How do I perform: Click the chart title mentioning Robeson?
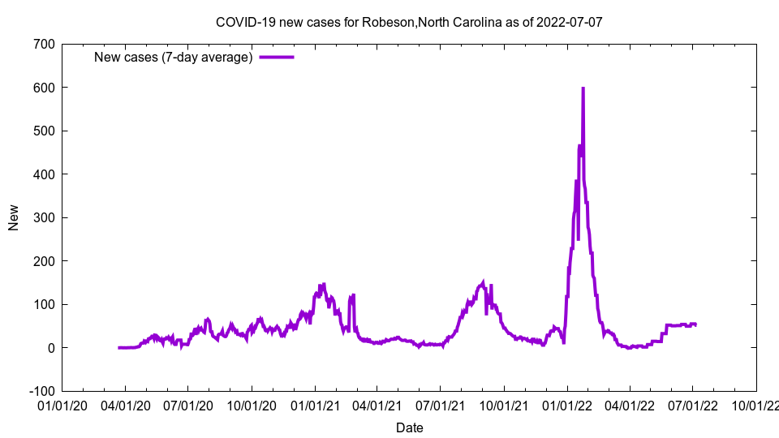coord(409,22)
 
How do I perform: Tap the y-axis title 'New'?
coord(14,217)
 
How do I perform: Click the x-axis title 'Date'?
coord(409,427)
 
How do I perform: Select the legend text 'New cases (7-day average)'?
coord(174,57)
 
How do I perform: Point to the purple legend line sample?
coord(277,57)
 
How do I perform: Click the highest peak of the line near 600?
coord(583,88)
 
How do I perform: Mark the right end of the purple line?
coord(695,324)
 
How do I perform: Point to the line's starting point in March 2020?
coord(118,347)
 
